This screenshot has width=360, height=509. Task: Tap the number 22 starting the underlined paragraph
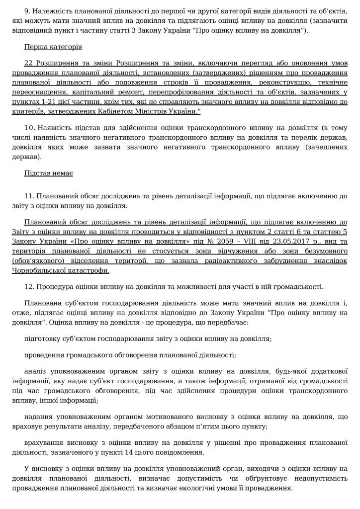(x=28, y=65)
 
